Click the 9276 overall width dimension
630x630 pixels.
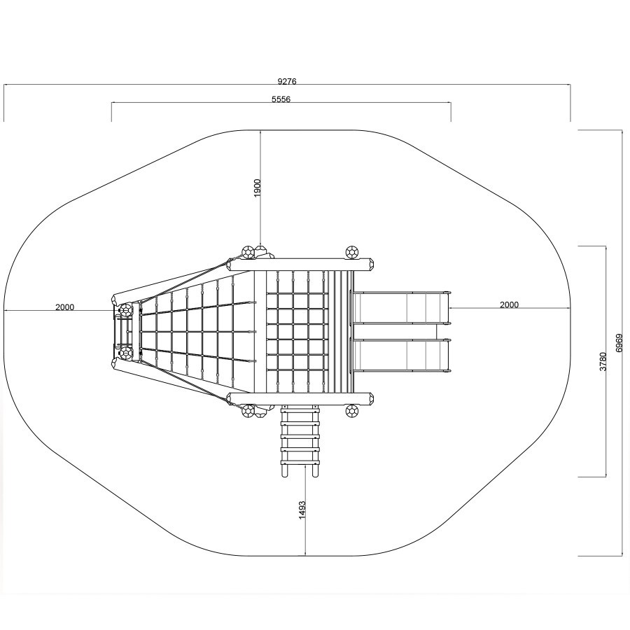click(287, 81)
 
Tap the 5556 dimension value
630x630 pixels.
click(281, 99)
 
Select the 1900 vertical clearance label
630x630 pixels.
click(257, 188)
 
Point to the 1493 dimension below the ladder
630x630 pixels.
click(302, 510)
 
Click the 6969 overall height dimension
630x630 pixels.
click(619, 343)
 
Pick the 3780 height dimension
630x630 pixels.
click(603, 361)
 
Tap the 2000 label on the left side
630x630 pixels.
click(64, 307)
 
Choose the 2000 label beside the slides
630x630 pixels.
click(509, 304)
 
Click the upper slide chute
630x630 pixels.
click(401, 307)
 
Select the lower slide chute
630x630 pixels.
click(401, 356)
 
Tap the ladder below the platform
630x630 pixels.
click(300, 441)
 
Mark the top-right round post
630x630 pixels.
click(352, 252)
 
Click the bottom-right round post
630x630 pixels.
click(352, 411)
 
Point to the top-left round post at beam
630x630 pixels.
click(248, 252)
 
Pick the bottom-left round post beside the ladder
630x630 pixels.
click(248, 411)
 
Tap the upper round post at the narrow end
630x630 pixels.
click(126, 310)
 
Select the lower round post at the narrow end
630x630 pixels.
click(126, 353)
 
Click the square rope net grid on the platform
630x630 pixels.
click(297, 332)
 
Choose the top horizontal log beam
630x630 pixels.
click(300, 265)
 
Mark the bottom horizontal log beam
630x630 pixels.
click(300, 399)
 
